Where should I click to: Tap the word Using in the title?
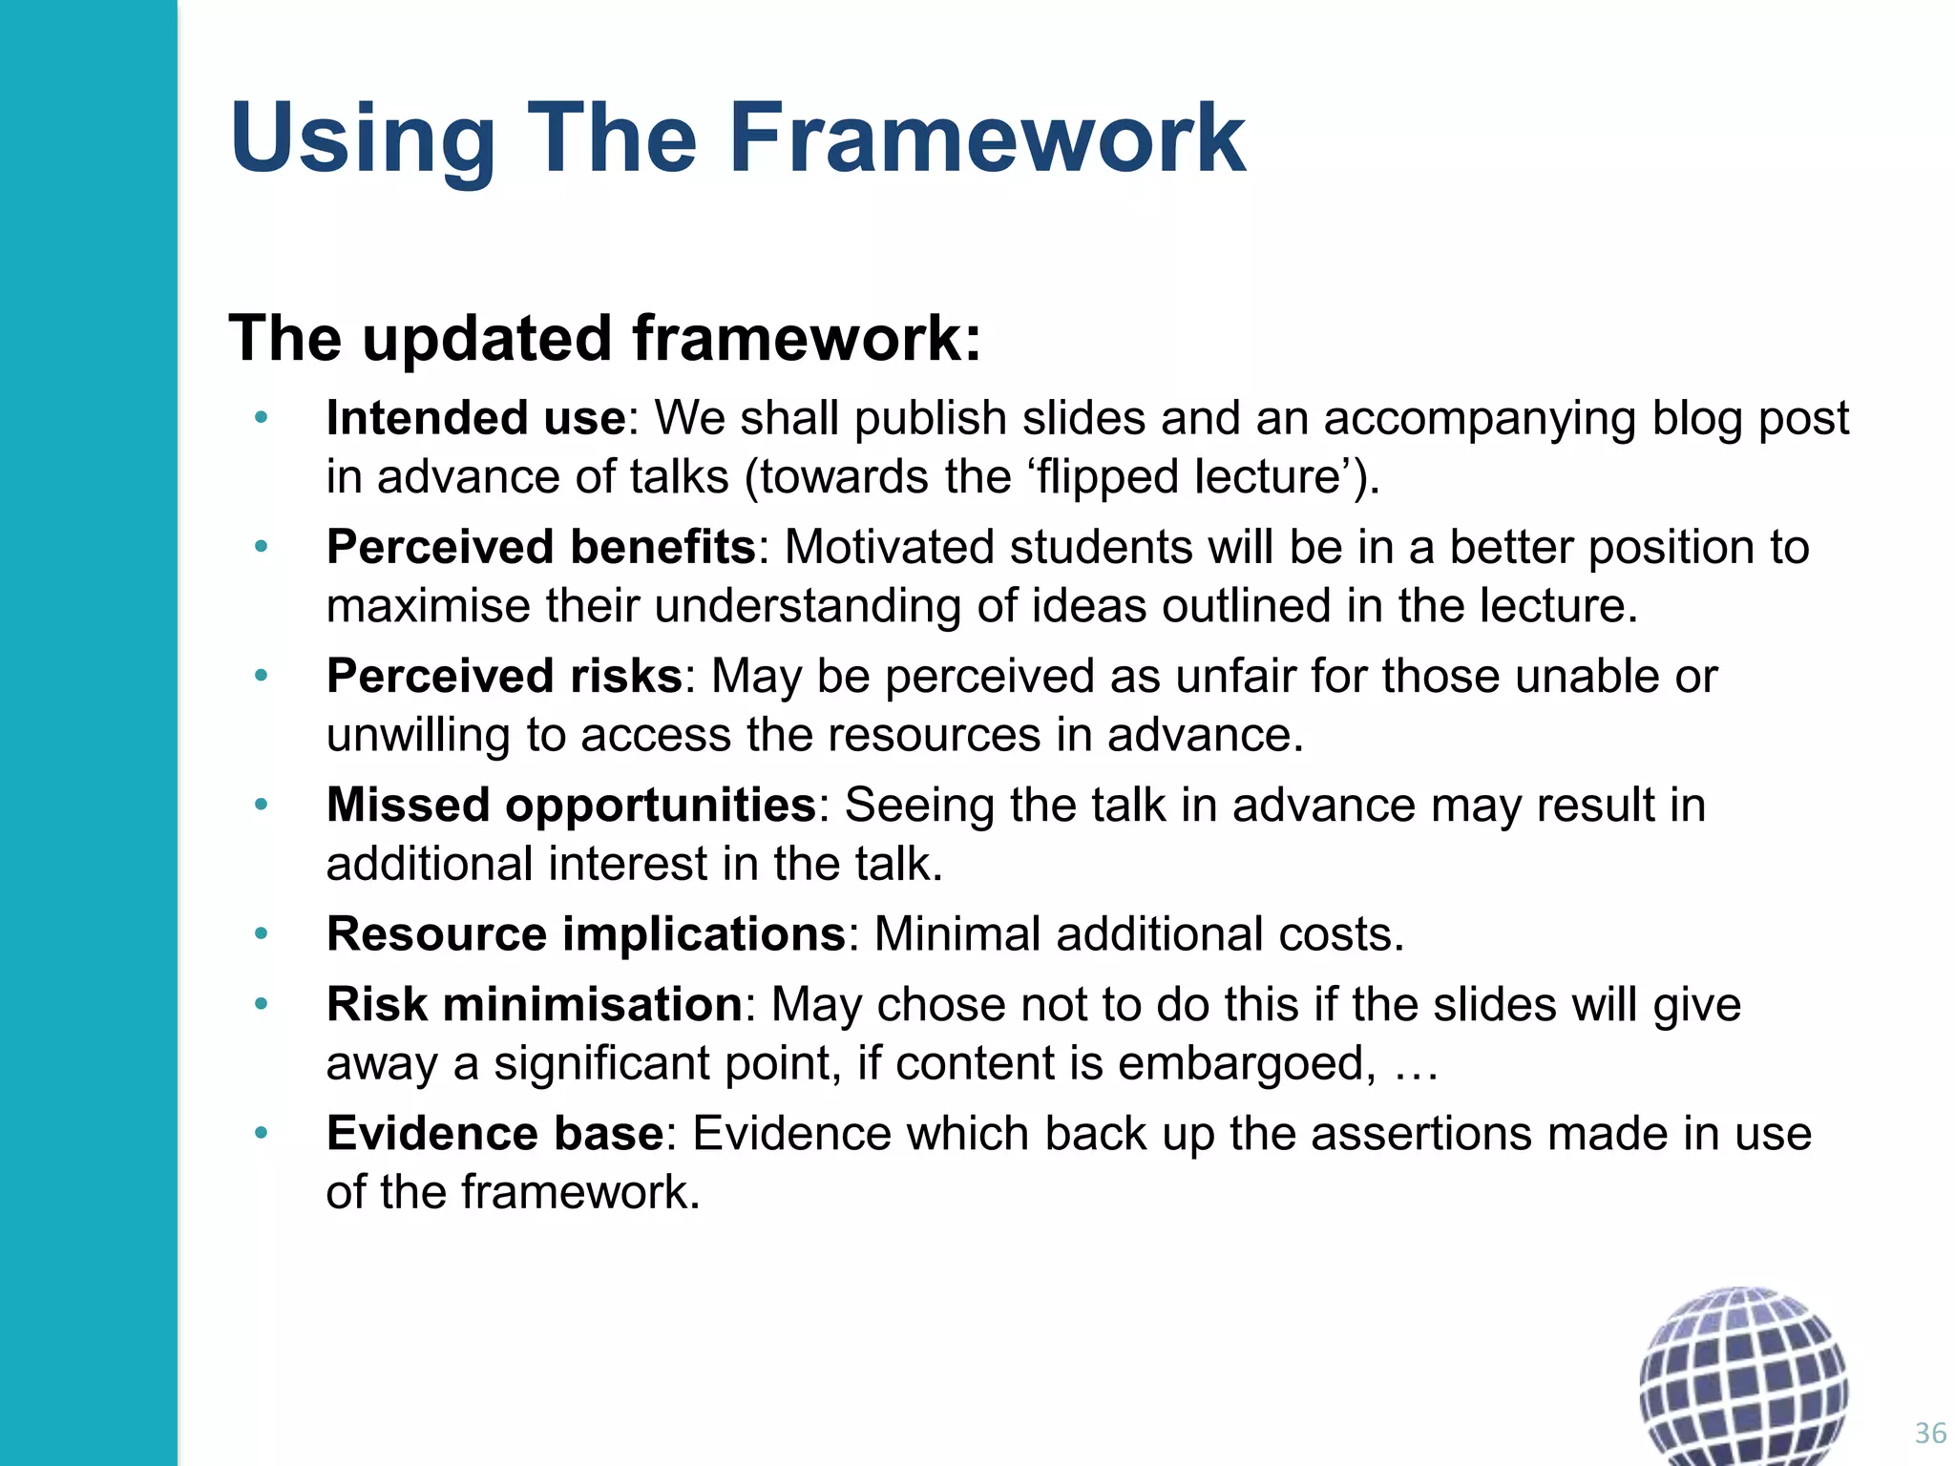362,140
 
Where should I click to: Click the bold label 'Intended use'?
475,418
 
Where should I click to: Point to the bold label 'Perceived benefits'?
541,547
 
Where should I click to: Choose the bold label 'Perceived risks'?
504,676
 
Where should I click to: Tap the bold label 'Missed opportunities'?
571,805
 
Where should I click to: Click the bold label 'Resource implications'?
586,933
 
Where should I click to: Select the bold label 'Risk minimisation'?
535,1004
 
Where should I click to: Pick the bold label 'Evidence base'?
494,1133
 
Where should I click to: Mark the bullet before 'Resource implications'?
261,933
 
